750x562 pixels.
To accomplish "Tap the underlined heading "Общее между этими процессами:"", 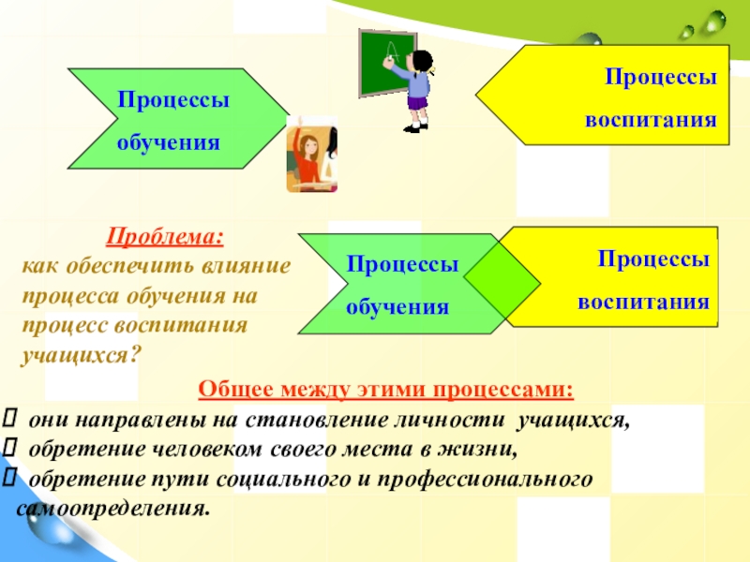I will pyautogui.click(x=385, y=389).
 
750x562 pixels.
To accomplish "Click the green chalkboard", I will pyautogui.click(x=386, y=62).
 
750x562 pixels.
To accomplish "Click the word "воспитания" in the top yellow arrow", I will pyautogui.click(x=651, y=120).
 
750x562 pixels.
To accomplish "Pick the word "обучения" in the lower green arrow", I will pyautogui.click(x=397, y=307).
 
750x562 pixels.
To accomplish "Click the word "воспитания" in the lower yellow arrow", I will pyautogui.click(x=642, y=302).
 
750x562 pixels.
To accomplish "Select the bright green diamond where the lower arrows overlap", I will pyautogui.click(x=502, y=280).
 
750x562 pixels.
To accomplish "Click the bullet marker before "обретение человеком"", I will pyautogui.click(x=10, y=450).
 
